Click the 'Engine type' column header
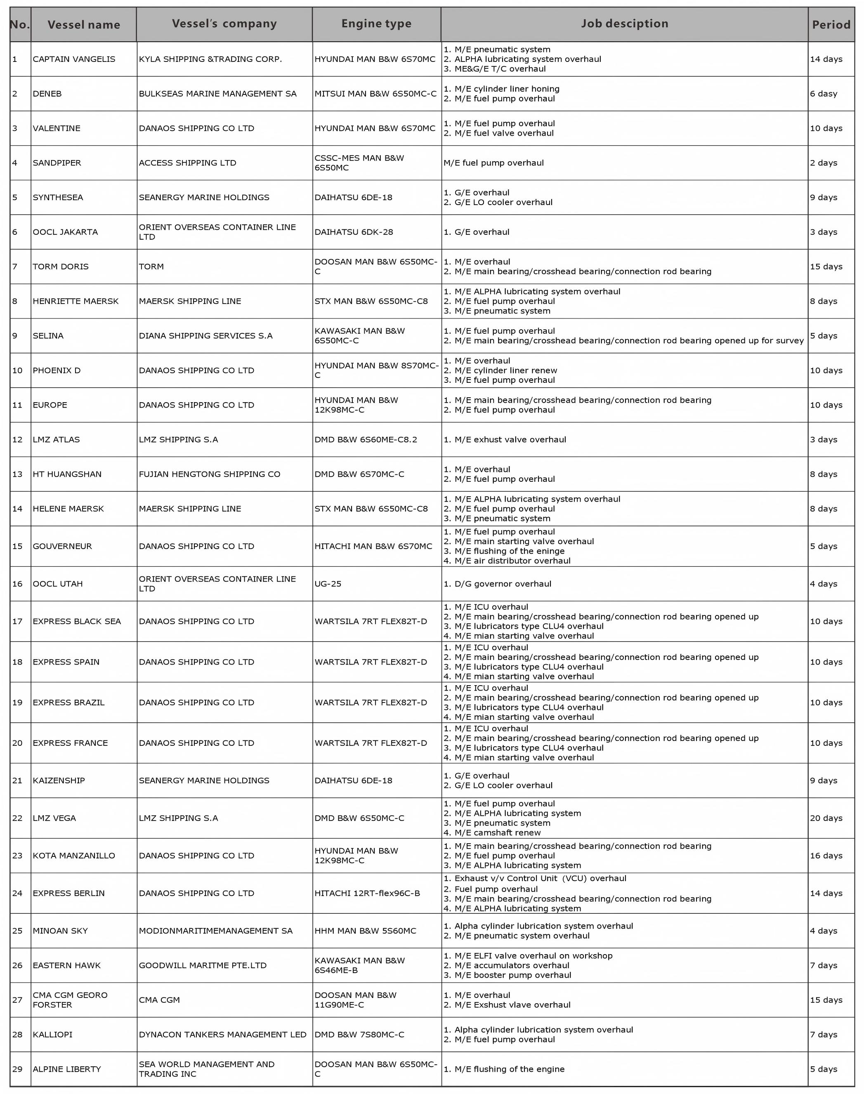coord(376,24)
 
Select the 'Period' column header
coord(831,25)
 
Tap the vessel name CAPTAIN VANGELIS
coord(74,59)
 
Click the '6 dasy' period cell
coord(824,94)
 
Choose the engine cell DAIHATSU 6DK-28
coord(354,232)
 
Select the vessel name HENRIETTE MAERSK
coord(76,301)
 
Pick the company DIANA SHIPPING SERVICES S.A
coord(205,336)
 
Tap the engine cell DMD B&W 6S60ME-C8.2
coord(366,439)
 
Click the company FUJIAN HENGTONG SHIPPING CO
coord(210,474)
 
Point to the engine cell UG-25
coord(328,584)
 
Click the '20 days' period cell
coord(826,818)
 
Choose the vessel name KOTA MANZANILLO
coord(74,855)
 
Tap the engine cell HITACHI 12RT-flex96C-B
coord(367,893)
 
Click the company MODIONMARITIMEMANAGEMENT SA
coord(215,931)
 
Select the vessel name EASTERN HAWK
coord(67,965)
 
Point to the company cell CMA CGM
coord(159,1000)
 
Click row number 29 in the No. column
coord(17,1069)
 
